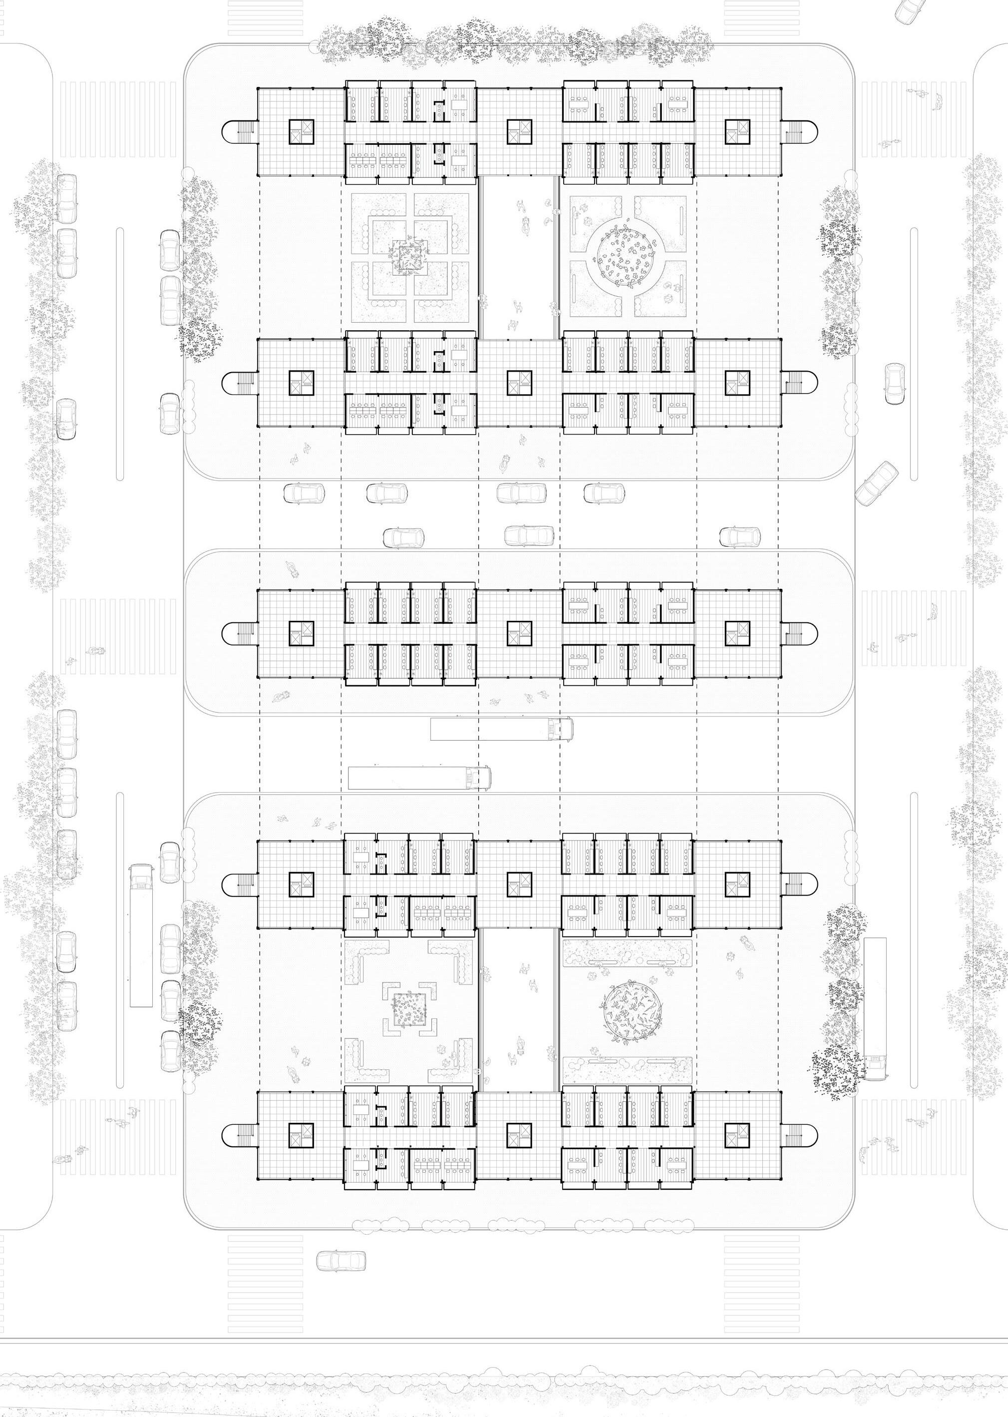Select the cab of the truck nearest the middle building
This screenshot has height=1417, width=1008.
coord(559,728)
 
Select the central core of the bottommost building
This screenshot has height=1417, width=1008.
coord(520,1137)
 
